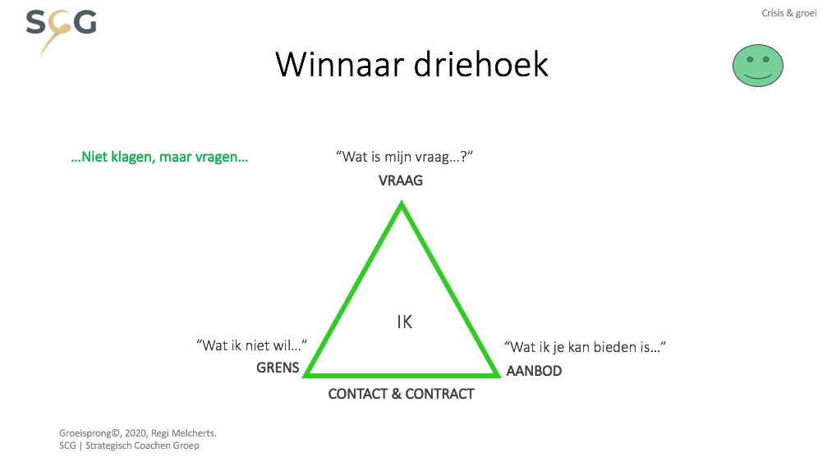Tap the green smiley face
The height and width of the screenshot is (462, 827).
pyautogui.click(x=757, y=66)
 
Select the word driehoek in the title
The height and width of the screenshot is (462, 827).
pyautogui.click(x=480, y=65)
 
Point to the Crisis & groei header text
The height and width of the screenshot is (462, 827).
pyautogui.click(x=789, y=13)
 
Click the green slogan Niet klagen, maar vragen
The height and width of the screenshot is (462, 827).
pyautogui.click(x=159, y=157)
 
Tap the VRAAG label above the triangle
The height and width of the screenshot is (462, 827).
pyautogui.click(x=400, y=181)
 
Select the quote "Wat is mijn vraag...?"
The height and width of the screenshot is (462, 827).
pyautogui.click(x=405, y=157)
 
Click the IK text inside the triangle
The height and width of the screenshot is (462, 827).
pyautogui.click(x=405, y=322)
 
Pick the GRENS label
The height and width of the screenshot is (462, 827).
pyautogui.click(x=278, y=368)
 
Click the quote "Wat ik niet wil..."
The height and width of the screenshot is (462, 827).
pyautogui.click(x=251, y=345)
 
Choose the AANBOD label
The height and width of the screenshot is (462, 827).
pyautogui.click(x=534, y=371)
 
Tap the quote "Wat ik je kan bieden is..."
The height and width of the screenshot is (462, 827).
pyautogui.click(x=585, y=347)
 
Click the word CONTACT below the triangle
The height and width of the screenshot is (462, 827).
pyautogui.click(x=358, y=394)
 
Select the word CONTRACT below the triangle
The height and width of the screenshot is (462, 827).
pyautogui.click(x=439, y=394)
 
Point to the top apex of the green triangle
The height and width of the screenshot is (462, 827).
pyautogui.click(x=402, y=201)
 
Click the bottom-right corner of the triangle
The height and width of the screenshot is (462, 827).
pyautogui.click(x=499, y=376)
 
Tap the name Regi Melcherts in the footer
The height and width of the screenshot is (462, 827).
pyautogui.click(x=183, y=433)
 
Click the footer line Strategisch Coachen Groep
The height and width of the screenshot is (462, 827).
pyautogui.click(x=142, y=446)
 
